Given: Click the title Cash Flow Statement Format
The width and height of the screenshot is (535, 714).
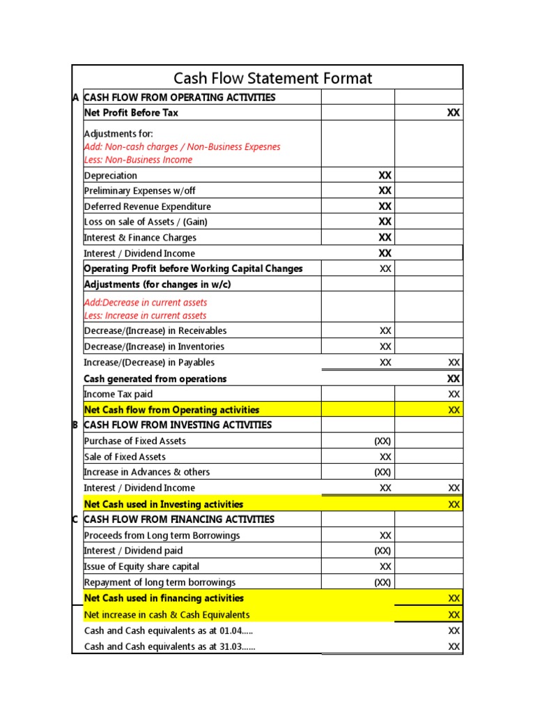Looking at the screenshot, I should coord(272,78).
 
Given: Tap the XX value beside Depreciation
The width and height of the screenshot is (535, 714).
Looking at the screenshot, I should coord(385,176).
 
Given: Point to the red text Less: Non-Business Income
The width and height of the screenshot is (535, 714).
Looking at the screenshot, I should coord(138,160).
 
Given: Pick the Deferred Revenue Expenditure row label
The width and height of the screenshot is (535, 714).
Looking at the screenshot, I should coord(147,206).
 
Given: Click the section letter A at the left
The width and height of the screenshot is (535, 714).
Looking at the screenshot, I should coord(76,98).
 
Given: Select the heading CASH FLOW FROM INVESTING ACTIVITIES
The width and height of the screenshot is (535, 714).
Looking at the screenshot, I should coord(178,425).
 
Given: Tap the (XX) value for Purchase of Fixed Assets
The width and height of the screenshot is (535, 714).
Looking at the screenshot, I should coord(382,441).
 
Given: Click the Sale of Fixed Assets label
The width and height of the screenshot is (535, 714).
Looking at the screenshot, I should coord(125,457).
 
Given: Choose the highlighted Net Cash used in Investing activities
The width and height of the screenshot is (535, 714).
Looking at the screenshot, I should coord(164,504).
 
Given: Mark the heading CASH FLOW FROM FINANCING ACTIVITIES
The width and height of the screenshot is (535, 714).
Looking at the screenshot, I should coord(179,519).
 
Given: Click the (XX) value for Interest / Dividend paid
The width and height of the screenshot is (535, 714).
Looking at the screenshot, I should coord(382,551).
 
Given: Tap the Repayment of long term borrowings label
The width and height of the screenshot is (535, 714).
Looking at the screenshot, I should coord(160,582).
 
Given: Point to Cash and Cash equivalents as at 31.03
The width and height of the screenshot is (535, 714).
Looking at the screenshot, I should coord(169,646).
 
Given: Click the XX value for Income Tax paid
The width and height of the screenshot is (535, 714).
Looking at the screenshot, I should coord(453,395).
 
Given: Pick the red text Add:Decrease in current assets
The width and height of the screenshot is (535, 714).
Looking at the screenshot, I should coord(145,303).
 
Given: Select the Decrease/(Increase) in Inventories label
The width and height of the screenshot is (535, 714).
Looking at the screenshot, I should coord(154,347).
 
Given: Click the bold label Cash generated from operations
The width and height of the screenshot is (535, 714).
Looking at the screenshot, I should coord(155,379).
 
